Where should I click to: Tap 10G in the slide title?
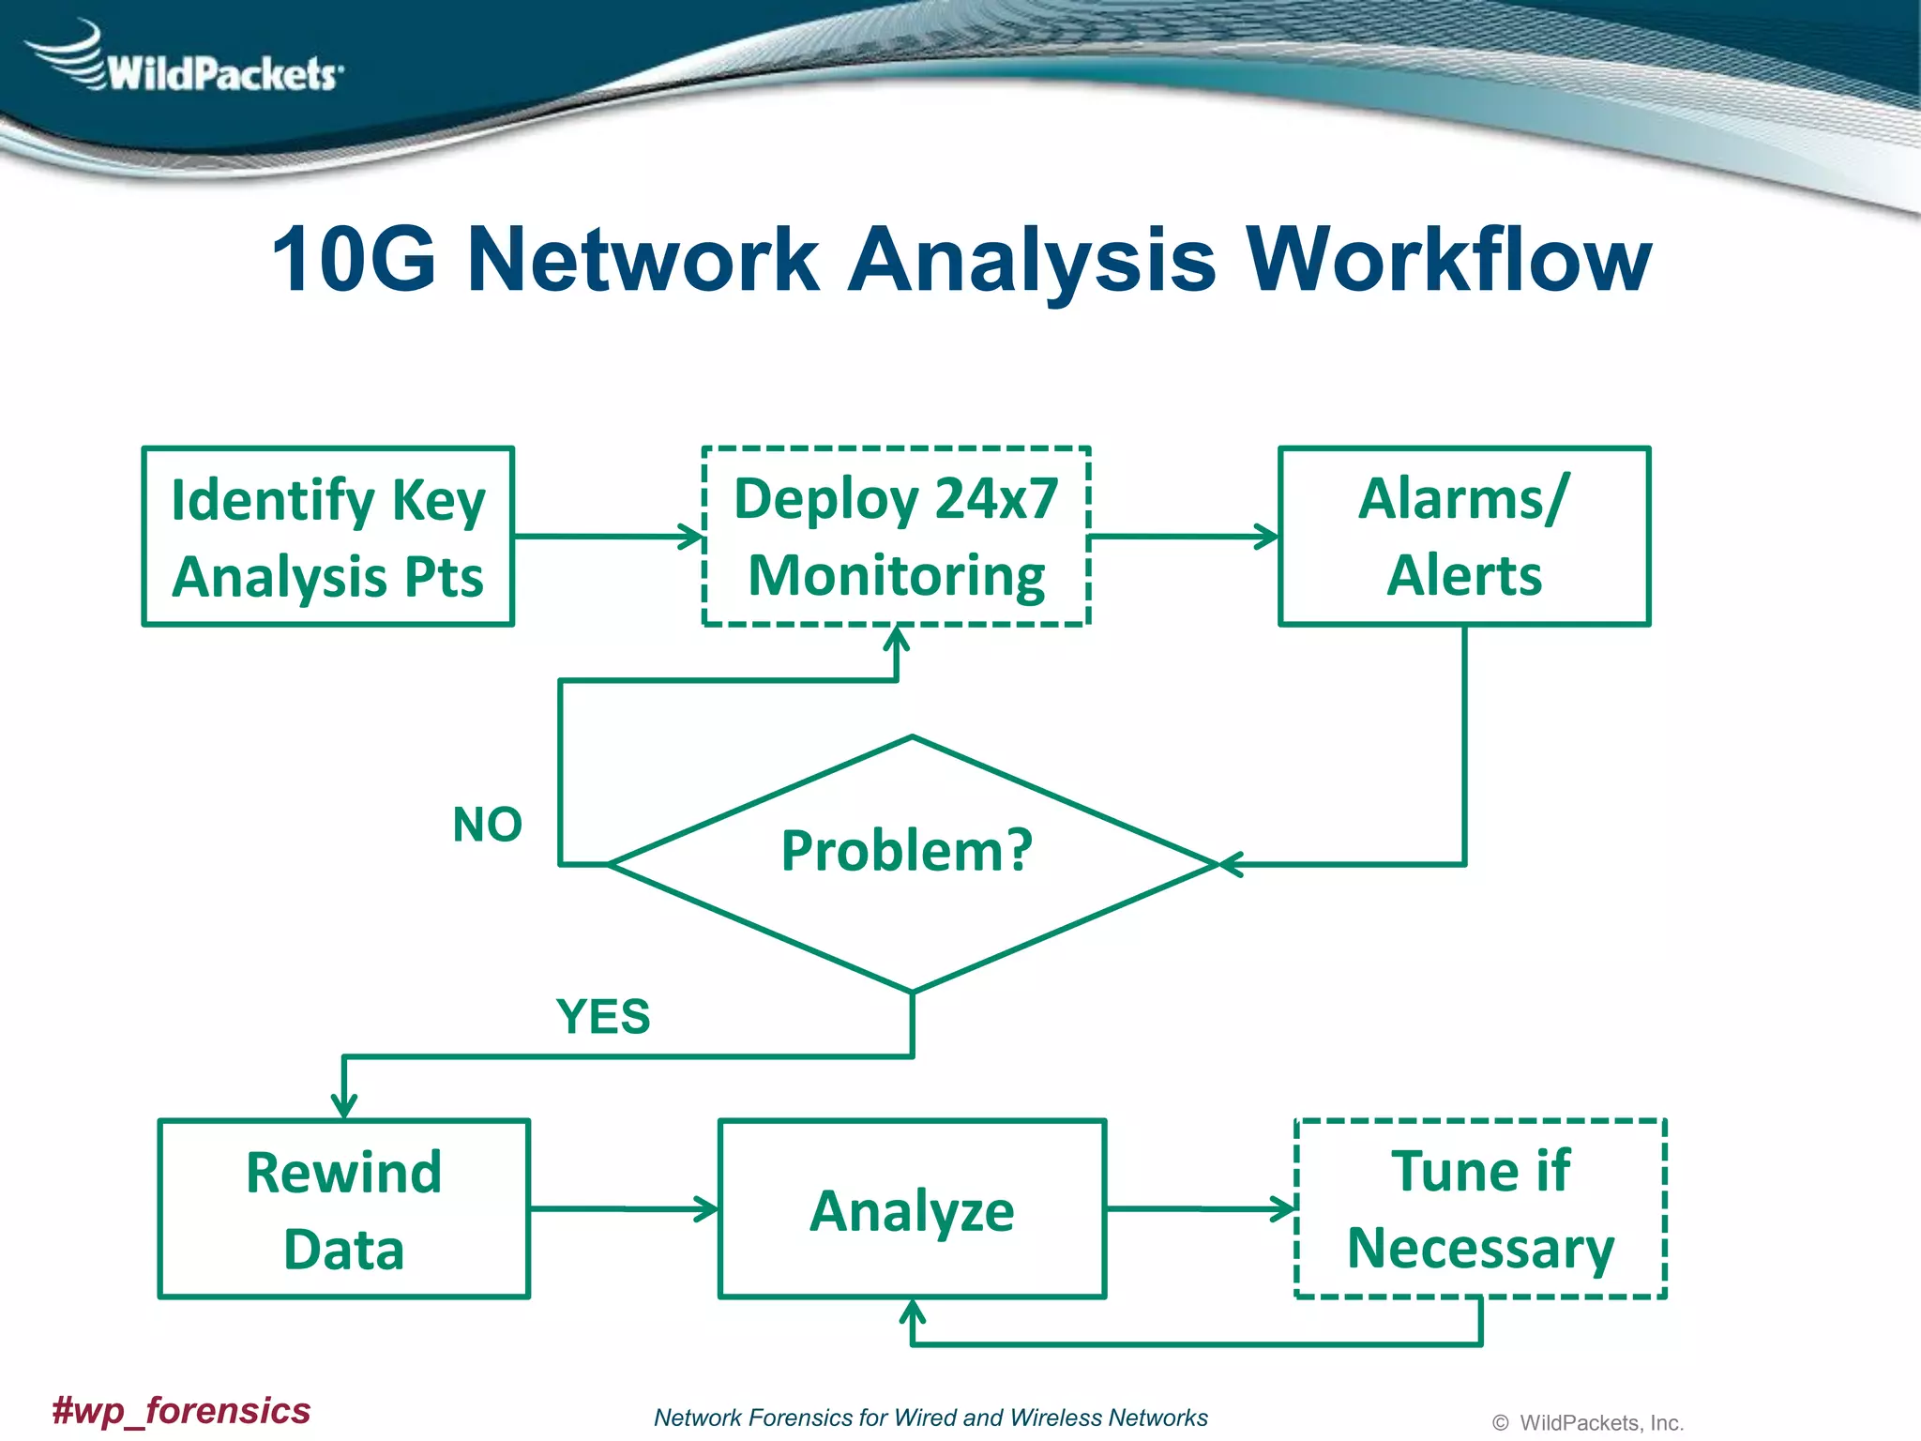tap(354, 260)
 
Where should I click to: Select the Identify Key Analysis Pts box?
tap(328, 537)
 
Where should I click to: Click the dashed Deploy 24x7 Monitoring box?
tap(896, 537)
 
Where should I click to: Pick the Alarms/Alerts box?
tap(1464, 537)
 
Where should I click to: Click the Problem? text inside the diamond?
tap(906, 850)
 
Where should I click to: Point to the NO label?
tap(487, 825)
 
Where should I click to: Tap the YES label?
tap(602, 1017)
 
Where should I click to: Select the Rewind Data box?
tap(344, 1209)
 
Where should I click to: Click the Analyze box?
tap(912, 1209)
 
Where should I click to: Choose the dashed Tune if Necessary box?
tap(1480, 1209)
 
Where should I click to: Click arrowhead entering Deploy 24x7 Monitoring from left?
tap(694, 538)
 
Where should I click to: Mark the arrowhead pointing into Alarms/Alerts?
tap(1269, 538)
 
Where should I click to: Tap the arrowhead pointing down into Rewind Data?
tap(344, 1108)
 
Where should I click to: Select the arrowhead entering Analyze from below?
tap(913, 1310)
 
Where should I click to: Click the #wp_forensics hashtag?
tap(181, 1410)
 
